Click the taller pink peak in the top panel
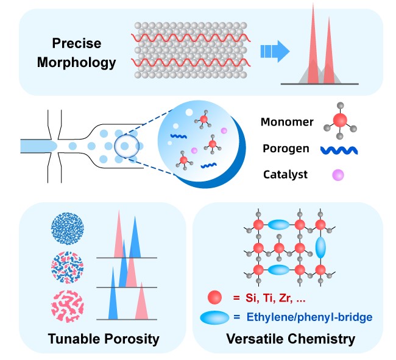pos(313,49)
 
